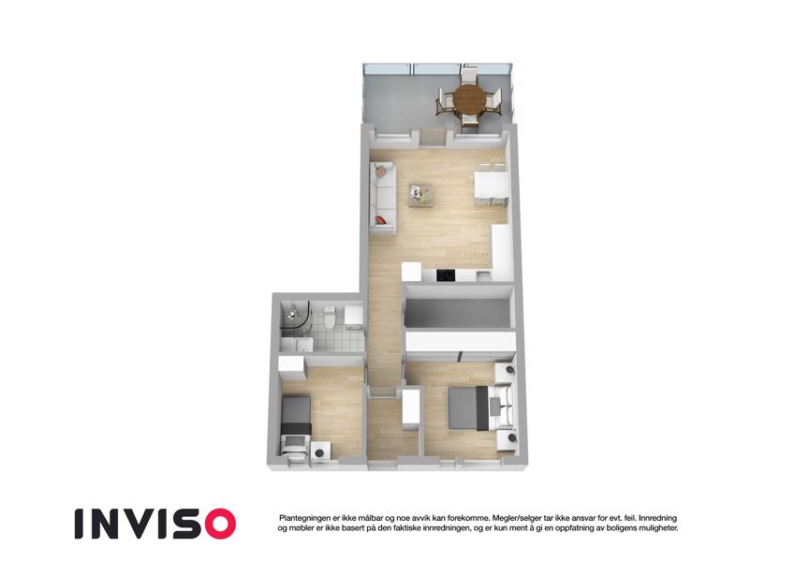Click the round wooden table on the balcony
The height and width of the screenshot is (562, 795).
click(469, 99)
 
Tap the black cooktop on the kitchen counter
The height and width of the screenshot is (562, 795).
click(446, 275)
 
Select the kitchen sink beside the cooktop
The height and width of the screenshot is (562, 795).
click(482, 276)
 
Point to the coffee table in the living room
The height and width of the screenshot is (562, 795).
click(420, 195)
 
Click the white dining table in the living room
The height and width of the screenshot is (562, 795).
click(491, 185)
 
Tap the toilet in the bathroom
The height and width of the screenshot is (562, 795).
click(330, 317)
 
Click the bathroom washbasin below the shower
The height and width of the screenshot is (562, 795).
click(303, 345)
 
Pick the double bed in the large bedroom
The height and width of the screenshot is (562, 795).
click(479, 408)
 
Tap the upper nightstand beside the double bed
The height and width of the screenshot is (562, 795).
click(505, 372)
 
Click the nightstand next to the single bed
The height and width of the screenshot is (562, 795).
click(320, 451)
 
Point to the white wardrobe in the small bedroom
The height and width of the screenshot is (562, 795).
click(290, 366)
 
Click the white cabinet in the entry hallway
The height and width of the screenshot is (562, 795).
click(411, 406)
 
